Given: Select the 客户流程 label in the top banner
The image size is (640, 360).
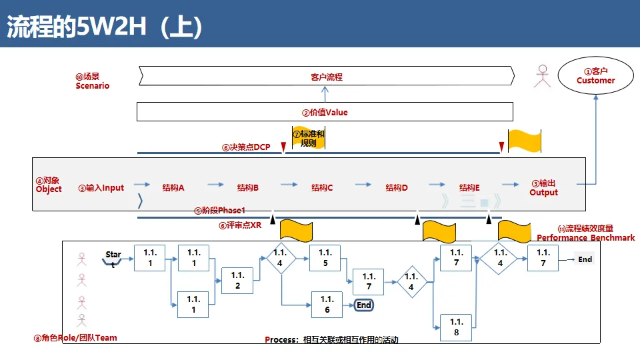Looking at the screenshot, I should [x=326, y=77].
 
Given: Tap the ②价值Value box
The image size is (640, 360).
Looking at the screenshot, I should [x=325, y=112].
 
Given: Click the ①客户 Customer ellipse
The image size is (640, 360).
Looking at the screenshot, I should [x=595, y=75].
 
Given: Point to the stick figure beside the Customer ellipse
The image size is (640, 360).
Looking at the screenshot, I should [x=543, y=76].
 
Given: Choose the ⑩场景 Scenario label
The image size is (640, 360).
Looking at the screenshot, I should [x=92, y=81].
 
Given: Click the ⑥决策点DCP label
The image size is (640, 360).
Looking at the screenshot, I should [x=246, y=147].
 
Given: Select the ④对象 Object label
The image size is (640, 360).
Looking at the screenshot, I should [x=49, y=185].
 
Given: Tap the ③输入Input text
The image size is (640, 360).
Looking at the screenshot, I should [x=101, y=187].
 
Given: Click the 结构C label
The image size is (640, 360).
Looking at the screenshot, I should [x=322, y=187].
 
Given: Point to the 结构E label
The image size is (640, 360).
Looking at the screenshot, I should [x=469, y=187].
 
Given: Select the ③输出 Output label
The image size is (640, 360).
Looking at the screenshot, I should [x=543, y=187].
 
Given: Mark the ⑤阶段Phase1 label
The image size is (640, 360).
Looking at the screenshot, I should [x=220, y=210].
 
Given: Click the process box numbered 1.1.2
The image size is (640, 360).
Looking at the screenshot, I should [x=237, y=281].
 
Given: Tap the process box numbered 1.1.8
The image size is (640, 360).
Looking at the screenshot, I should [x=456, y=327].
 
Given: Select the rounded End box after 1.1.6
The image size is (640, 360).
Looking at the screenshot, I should [x=363, y=305].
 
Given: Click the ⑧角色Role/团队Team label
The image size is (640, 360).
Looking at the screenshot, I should [x=75, y=337].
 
